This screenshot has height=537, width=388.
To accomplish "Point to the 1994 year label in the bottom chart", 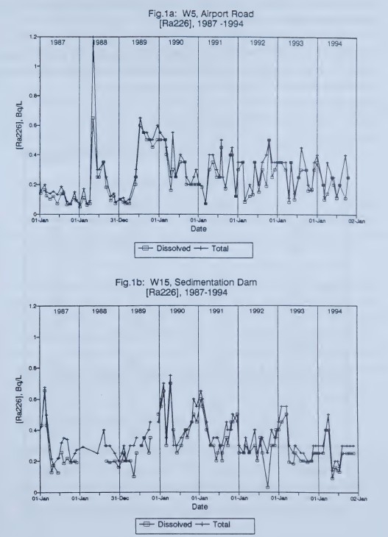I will (x=337, y=312).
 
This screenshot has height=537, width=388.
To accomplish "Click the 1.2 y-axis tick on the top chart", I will (x=32, y=37).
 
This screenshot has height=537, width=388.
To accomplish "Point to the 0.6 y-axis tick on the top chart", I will (x=32, y=125).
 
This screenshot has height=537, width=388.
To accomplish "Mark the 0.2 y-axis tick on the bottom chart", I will (x=32, y=461).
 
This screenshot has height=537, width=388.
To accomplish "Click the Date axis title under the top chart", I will (x=199, y=229).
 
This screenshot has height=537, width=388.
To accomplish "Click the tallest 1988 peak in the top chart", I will (x=93, y=41).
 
